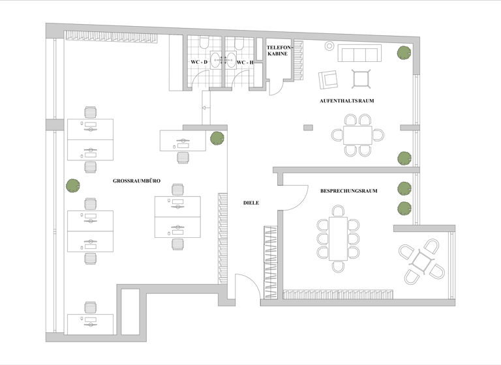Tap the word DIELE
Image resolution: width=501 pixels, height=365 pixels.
251,203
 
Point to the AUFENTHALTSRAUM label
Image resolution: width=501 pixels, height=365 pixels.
346,101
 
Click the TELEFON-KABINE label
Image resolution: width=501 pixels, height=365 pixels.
277,51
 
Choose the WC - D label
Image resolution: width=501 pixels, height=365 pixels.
198,63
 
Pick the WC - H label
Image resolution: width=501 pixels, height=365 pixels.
245,63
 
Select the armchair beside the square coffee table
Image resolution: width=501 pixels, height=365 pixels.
328,80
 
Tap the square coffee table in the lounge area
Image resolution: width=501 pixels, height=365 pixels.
361,78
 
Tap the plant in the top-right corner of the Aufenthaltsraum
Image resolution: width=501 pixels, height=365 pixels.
404,52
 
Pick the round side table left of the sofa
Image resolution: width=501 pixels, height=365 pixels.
329,46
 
